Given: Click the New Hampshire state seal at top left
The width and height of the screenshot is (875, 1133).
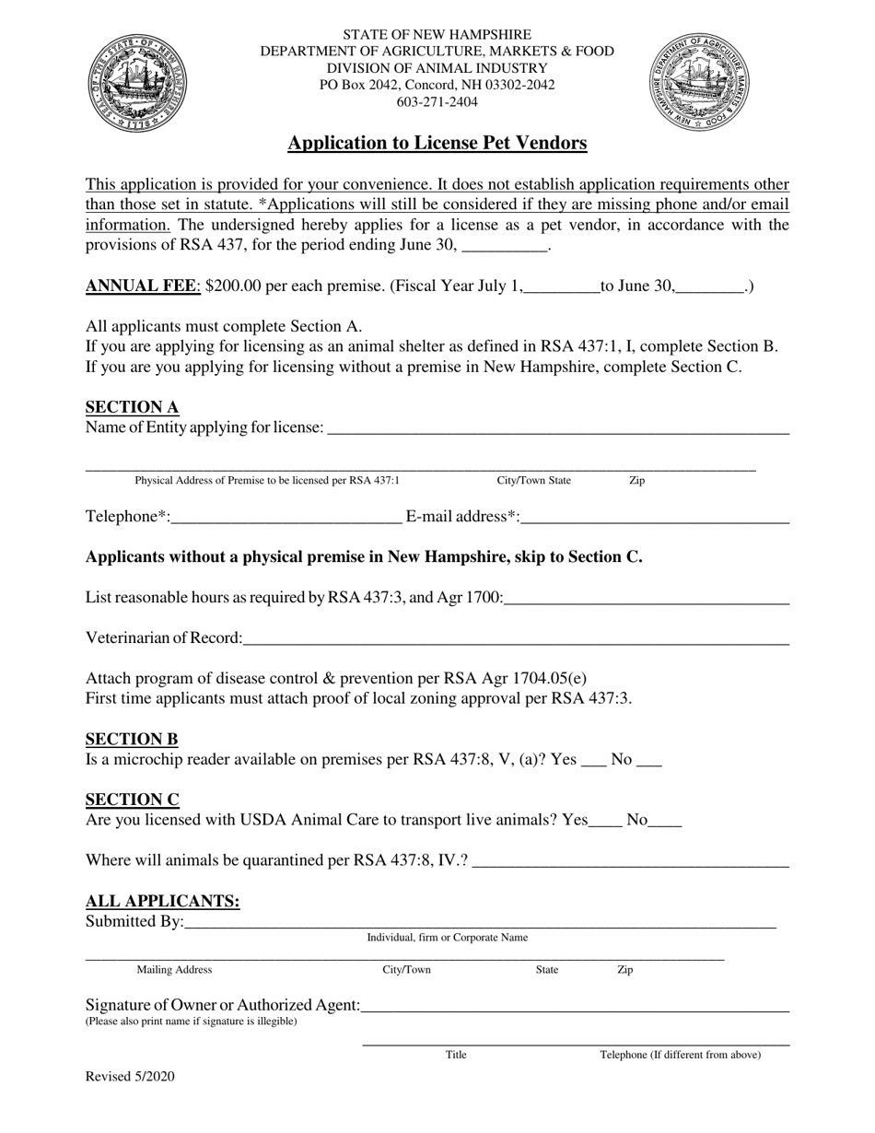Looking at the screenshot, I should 136,77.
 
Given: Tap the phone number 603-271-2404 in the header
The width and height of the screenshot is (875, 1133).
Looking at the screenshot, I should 437,102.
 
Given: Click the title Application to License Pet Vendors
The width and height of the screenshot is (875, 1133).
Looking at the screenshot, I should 437,143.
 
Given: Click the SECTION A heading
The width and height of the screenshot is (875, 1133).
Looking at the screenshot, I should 132,407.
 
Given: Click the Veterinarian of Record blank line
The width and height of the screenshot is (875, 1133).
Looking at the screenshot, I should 516,637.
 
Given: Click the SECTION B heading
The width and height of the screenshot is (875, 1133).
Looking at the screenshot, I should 132,739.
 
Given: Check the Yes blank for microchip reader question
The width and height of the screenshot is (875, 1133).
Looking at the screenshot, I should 595,760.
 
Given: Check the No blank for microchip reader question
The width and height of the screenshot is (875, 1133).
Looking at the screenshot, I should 649,760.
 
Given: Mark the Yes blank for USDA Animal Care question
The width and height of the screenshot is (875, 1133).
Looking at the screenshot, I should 605,820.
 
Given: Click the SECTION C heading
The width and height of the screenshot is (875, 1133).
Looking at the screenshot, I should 132,800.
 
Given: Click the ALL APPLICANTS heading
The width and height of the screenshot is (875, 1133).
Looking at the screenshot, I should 162,901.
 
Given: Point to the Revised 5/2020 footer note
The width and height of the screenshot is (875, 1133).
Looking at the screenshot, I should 130,1076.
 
